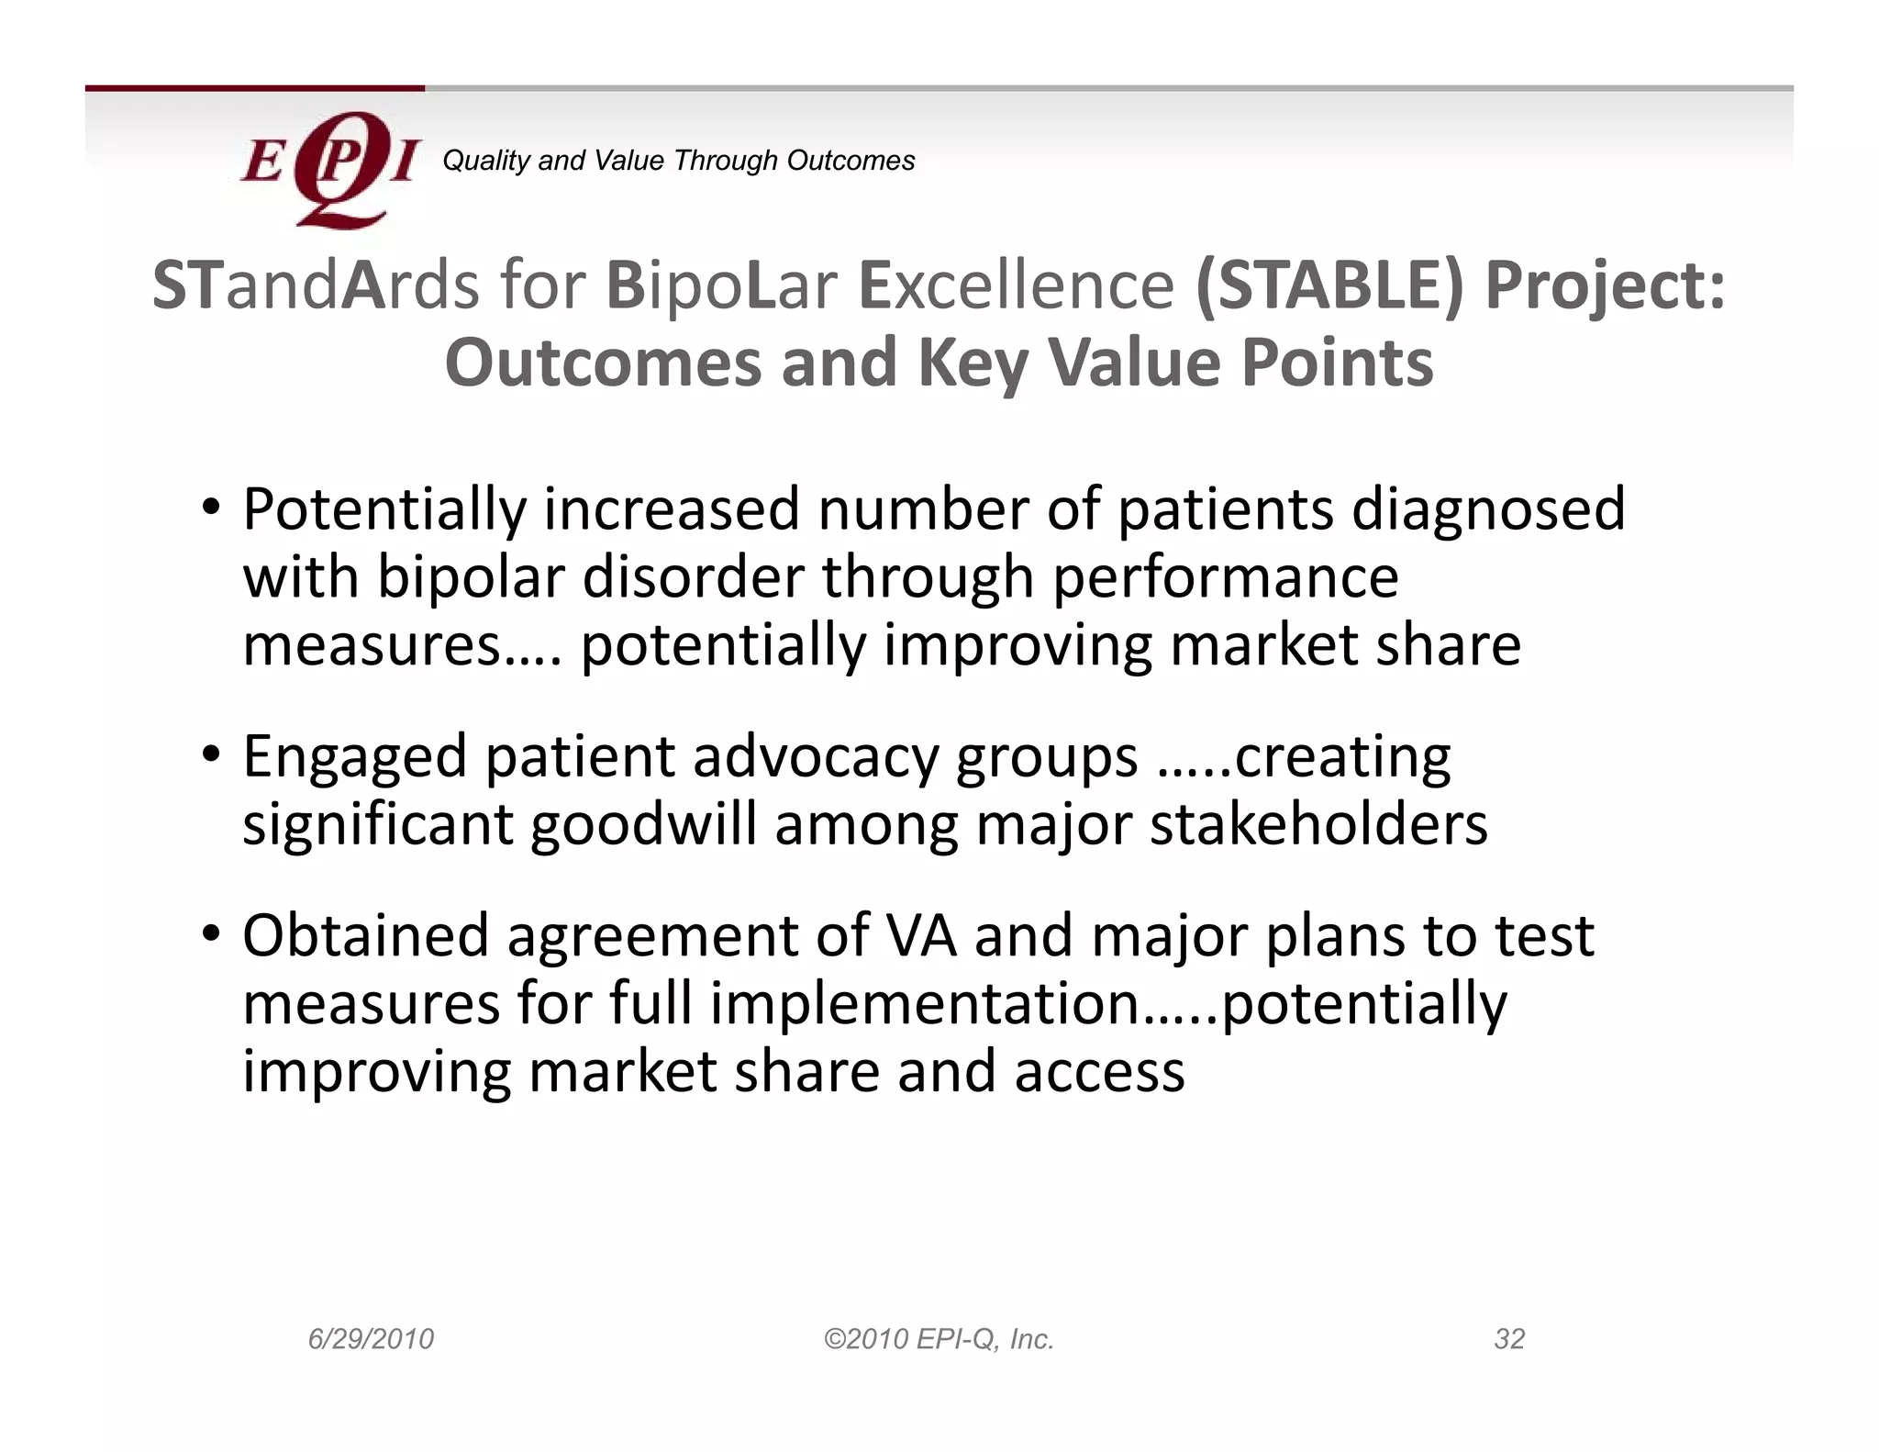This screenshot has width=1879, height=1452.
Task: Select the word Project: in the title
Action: pyautogui.click(x=1606, y=285)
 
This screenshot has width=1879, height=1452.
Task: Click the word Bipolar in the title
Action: pyautogui.click(x=721, y=285)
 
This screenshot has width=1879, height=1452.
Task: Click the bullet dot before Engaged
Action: pyautogui.click(x=211, y=755)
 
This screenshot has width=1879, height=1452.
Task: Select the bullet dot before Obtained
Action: pyautogui.click(x=211, y=934)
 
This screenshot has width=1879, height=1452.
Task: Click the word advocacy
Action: pyautogui.click(x=816, y=757)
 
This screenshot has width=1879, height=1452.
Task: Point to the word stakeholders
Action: pyautogui.click(x=1318, y=824)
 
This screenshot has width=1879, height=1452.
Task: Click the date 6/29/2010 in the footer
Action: pyautogui.click(x=371, y=1339)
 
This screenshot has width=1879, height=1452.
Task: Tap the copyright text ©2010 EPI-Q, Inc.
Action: pyautogui.click(x=939, y=1339)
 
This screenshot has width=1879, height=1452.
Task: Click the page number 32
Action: pyautogui.click(x=1509, y=1339)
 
